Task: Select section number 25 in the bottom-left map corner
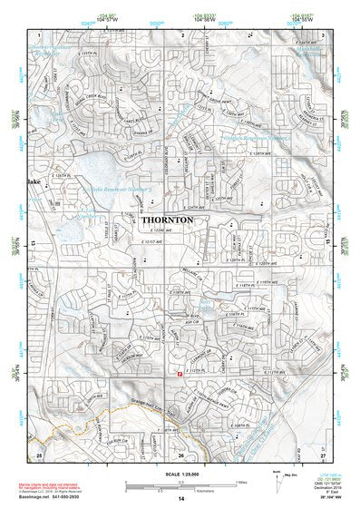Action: pos(39,454)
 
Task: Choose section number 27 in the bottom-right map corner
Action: pos(323,454)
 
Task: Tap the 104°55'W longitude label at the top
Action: pos(305,18)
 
